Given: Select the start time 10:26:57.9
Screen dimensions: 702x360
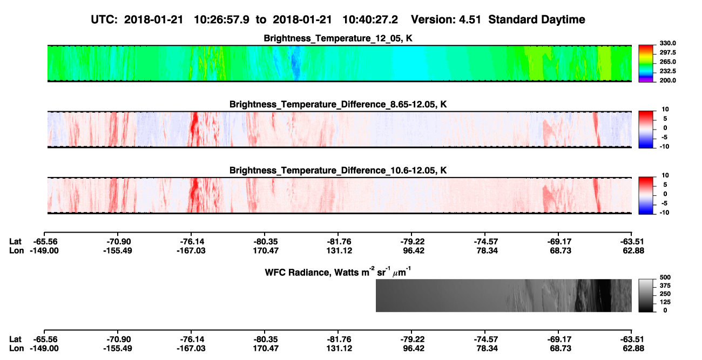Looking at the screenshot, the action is [x=221, y=20].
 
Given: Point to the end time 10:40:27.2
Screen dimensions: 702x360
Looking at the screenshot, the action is [x=370, y=20].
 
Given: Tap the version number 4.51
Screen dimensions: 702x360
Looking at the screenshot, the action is [x=470, y=20].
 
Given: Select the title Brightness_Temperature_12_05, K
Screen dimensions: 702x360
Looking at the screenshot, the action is [x=338, y=38].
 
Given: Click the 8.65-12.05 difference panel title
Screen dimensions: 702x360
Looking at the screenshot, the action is [x=338, y=104].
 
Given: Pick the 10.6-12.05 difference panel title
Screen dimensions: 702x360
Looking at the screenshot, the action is [x=338, y=171].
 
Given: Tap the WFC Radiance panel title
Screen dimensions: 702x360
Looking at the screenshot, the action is [x=338, y=271].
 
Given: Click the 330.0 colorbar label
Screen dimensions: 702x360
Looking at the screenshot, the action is [x=667, y=43].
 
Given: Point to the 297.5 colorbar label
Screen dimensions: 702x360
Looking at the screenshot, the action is [x=667, y=52].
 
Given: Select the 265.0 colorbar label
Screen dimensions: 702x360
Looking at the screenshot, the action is [x=667, y=62].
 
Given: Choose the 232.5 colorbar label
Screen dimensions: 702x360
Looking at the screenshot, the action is [x=667, y=71].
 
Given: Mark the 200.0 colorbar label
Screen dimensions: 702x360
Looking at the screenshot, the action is [x=667, y=80].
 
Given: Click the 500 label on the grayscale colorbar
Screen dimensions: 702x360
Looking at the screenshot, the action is [x=665, y=277].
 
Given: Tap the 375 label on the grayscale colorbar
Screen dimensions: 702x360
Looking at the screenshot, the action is [x=665, y=286].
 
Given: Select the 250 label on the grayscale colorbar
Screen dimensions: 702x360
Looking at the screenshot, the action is [x=665, y=294].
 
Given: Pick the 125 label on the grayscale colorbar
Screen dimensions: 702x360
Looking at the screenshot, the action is [x=665, y=302].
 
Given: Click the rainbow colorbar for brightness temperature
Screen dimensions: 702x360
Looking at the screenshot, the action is [x=646, y=64].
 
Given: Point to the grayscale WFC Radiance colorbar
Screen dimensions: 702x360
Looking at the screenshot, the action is [x=646, y=295].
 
